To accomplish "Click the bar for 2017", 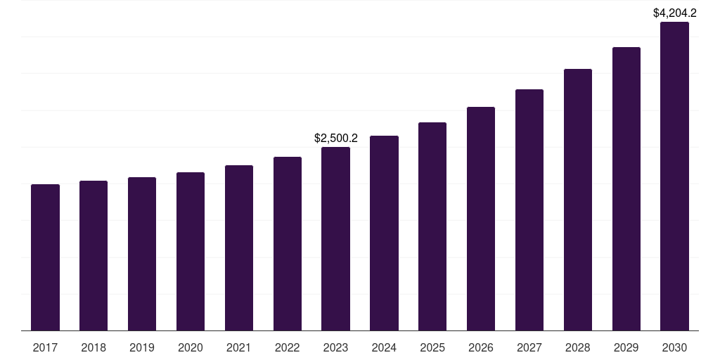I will click(45, 257).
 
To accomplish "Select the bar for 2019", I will click(142, 254).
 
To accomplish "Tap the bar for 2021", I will click(239, 247).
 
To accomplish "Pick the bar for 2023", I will click(335, 238).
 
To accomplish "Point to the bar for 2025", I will click(432, 226).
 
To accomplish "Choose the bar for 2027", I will click(529, 210).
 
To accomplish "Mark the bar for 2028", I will click(578, 200).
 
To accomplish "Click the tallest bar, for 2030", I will click(674, 176).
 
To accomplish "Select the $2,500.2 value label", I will click(335, 139).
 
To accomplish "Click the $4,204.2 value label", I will click(674, 13).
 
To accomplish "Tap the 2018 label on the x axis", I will click(94, 347).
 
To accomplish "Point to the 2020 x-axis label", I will click(191, 347).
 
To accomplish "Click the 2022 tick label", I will click(288, 347).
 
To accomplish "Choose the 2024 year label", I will click(384, 347).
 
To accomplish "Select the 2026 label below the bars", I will click(481, 347).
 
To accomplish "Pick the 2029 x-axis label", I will click(626, 347).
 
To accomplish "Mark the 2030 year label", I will click(674, 347).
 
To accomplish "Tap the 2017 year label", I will click(45, 347).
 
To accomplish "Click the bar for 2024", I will click(384, 233).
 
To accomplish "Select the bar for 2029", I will click(626, 188).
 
